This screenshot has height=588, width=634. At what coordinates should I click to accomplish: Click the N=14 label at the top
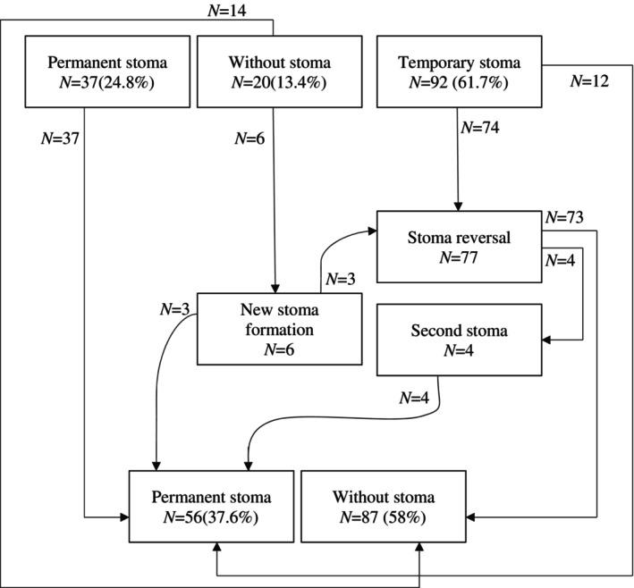[227, 11]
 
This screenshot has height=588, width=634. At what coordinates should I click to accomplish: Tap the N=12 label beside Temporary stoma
[589, 81]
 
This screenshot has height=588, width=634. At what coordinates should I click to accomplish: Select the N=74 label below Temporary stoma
[480, 127]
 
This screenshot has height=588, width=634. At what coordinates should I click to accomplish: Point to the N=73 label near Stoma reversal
[564, 217]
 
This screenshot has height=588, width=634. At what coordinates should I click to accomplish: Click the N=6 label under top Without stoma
[249, 139]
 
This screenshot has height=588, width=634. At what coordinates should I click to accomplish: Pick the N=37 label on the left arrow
[60, 139]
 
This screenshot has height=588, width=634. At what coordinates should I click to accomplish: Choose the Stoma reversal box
[460, 247]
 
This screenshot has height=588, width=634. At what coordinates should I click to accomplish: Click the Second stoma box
[460, 340]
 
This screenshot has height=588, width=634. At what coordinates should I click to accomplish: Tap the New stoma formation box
[279, 329]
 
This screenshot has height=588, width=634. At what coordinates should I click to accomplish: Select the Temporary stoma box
[460, 71]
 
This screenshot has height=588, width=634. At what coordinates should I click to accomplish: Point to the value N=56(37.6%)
[211, 517]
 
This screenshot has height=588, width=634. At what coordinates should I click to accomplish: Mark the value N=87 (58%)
[383, 517]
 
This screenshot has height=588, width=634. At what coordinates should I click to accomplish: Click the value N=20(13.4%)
[279, 83]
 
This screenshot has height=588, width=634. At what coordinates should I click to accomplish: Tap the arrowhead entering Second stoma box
[546, 340]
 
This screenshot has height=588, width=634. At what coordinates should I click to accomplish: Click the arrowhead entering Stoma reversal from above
[458, 206]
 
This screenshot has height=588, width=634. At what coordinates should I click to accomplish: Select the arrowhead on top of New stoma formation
[275, 289]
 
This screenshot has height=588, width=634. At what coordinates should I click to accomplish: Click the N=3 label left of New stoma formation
[174, 309]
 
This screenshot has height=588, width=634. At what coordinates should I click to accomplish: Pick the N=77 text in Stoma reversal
[459, 257]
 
